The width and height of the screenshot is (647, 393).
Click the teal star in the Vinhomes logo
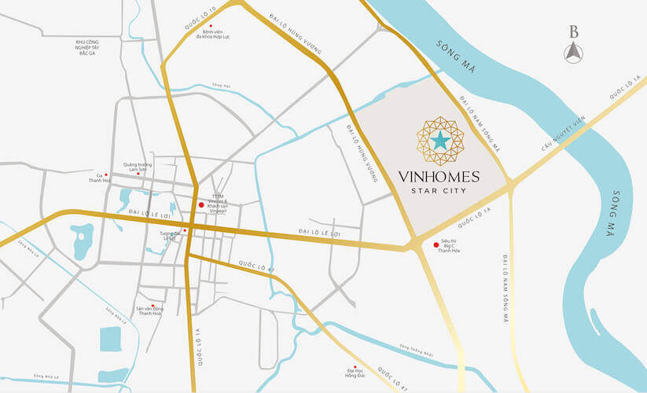point(440,141)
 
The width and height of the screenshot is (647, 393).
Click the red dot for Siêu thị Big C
point(436,244)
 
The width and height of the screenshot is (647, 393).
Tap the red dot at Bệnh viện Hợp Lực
point(210,26)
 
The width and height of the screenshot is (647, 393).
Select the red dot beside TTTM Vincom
point(202,205)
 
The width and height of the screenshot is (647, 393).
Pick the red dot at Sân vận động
point(152,305)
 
